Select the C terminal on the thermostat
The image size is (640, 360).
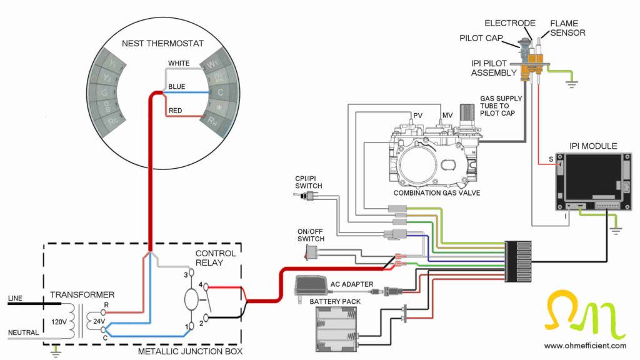tap(220, 92)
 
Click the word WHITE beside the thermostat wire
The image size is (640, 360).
tap(179, 63)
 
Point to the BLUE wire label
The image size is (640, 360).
tap(177, 87)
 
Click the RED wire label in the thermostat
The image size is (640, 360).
tap(176, 111)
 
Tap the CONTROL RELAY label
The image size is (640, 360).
tap(216, 258)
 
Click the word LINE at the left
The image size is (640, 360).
tap(16, 299)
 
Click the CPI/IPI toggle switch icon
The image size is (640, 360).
tap(303, 197)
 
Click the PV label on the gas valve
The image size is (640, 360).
tap(419, 116)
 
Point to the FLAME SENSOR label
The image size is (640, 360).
tap(567, 28)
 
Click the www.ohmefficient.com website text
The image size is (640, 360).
tap(585, 345)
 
